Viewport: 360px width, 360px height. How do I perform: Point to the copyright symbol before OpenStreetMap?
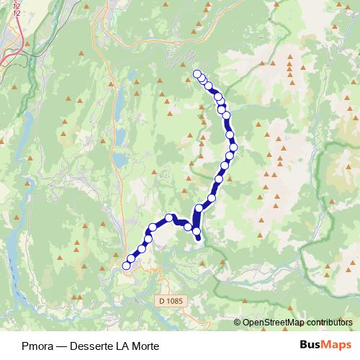(x=238, y=323)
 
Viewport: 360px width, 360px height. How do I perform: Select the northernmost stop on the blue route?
(x=197, y=72)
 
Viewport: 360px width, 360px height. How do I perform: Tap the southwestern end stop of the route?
(x=126, y=266)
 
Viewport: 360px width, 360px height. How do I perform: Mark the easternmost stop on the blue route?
(x=233, y=147)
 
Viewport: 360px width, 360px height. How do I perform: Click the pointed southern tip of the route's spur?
(x=199, y=240)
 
